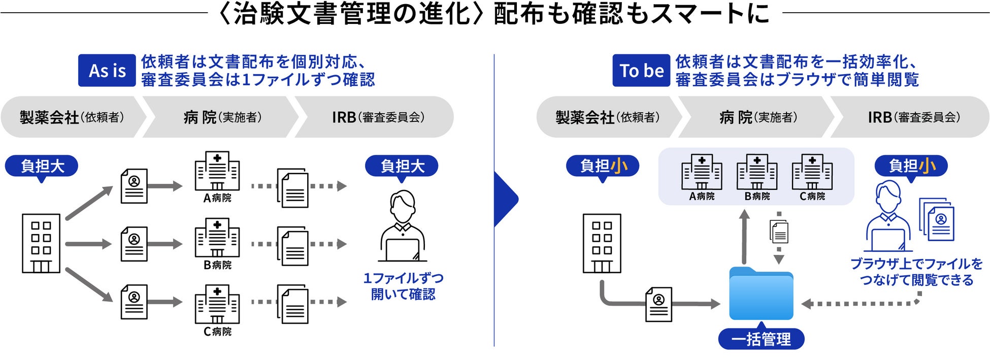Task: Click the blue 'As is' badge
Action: click(x=107, y=70)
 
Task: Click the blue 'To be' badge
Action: click(x=641, y=70)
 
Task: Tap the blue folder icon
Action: click(x=761, y=294)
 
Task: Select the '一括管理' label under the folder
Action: click(x=761, y=339)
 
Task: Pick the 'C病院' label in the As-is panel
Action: click(x=217, y=332)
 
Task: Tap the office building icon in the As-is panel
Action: click(x=41, y=243)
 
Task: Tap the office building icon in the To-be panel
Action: click(x=602, y=243)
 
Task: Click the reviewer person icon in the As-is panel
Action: click(x=403, y=226)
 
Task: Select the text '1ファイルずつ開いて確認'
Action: click(x=403, y=286)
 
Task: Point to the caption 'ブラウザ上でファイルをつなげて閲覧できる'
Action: click(x=916, y=272)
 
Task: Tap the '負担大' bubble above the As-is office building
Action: click(x=42, y=166)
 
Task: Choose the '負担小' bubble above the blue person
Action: click(x=911, y=166)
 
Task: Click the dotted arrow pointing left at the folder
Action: click(x=858, y=304)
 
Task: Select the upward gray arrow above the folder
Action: click(x=744, y=236)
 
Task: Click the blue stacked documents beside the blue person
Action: click(x=937, y=219)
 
